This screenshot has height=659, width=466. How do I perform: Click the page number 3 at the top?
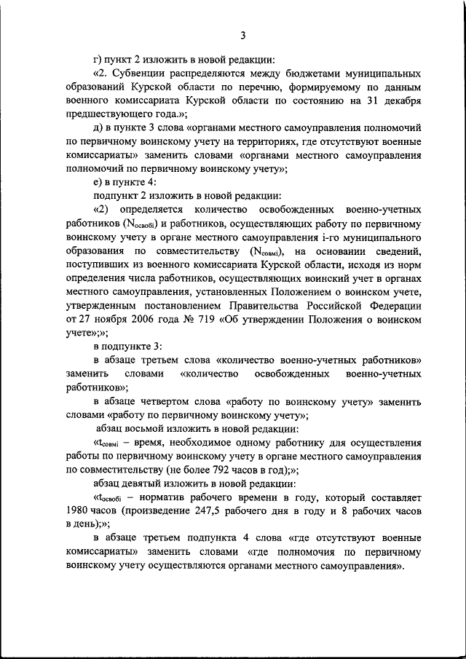point(243,34)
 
